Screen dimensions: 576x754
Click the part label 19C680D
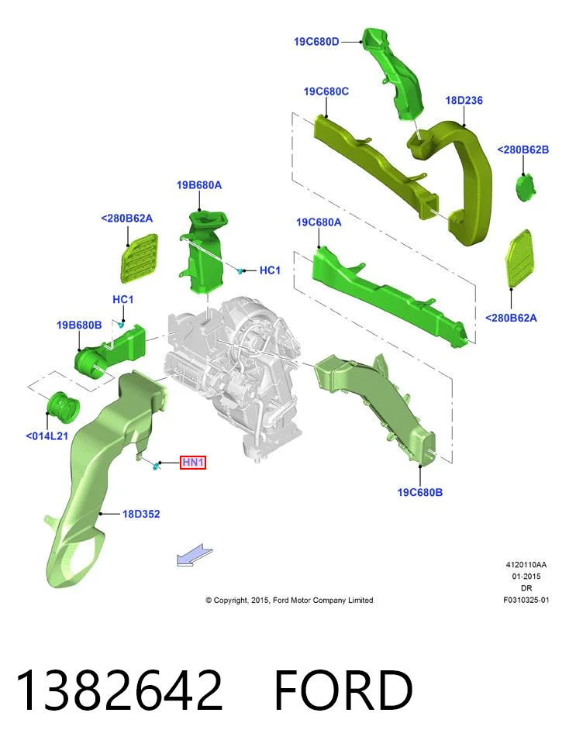point(316,42)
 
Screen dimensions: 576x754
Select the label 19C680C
point(326,91)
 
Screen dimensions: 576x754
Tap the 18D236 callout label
point(464,101)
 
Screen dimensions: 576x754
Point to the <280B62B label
point(523,150)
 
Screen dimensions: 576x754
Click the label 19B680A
point(199,185)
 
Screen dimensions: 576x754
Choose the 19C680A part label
point(319,222)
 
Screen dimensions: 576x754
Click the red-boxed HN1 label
point(193,463)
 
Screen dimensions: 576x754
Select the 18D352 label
point(141,514)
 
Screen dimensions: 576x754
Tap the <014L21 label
point(47,436)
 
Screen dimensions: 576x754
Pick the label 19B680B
point(79,325)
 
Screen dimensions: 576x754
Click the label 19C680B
point(419,492)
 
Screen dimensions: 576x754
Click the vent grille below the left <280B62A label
point(138,258)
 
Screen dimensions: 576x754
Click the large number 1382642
point(119,690)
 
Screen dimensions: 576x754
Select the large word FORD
point(343,690)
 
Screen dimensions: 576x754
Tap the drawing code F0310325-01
point(526,600)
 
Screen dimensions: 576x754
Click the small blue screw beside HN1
point(155,466)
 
